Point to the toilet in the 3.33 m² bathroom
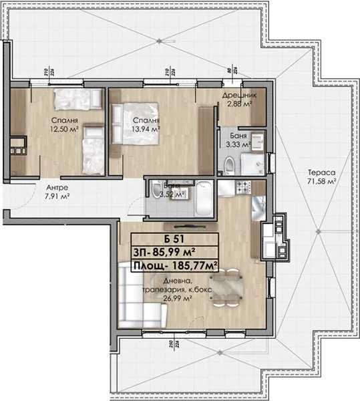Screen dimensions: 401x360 pos(228,164)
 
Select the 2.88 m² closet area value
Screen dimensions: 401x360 pos(237,105)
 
